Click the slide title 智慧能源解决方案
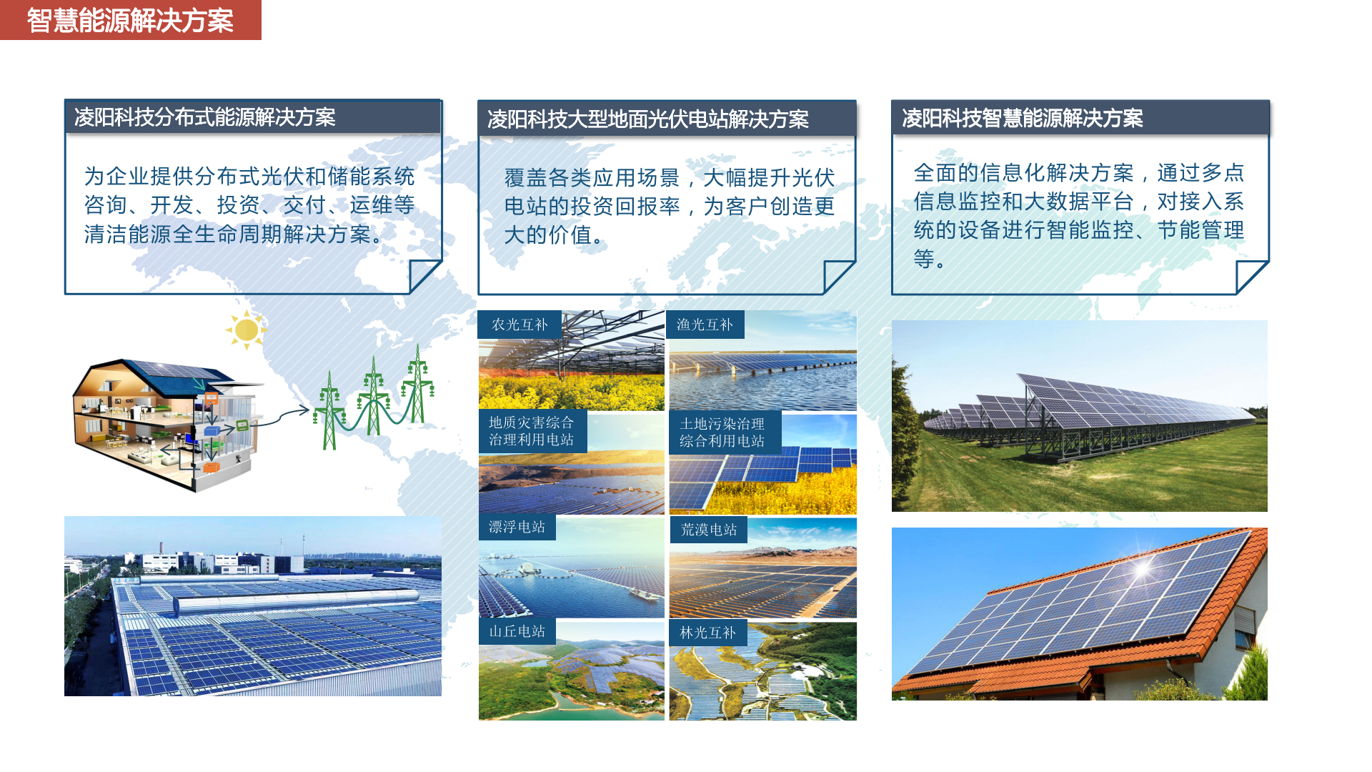click(130, 21)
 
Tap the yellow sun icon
click(247, 330)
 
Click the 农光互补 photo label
click(520, 325)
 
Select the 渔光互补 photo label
click(705, 325)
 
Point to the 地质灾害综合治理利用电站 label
click(532, 431)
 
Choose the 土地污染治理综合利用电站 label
click(722, 432)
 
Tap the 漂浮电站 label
click(517, 528)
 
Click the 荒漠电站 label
click(709, 530)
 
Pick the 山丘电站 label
click(517, 632)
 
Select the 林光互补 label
click(708, 633)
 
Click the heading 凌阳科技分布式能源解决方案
click(205, 117)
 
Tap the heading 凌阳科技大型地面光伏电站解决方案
click(648, 119)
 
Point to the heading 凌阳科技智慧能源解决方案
click(1023, 118)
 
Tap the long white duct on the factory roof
click(297, 603)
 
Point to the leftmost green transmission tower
click(329, 410)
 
